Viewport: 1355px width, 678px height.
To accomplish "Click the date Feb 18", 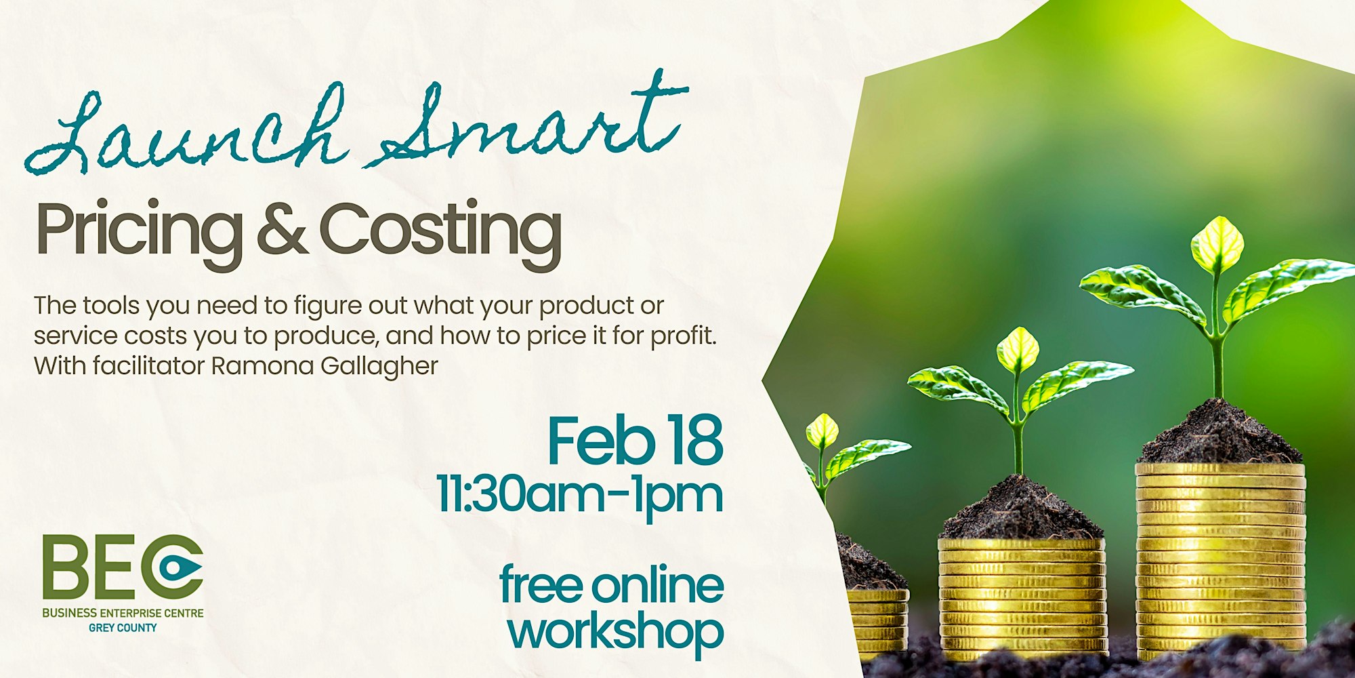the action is pos(635,441).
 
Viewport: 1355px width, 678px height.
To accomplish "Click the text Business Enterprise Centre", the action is pos(123,613).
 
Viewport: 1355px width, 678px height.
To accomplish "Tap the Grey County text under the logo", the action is pos(123,629).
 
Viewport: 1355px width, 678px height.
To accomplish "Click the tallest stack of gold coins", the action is pos(1221,559).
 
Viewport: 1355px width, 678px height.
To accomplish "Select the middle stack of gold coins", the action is pos(1022,597).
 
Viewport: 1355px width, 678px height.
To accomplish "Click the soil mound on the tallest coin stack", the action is pos(1219,434).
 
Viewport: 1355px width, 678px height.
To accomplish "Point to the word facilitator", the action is pos(148,366).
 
